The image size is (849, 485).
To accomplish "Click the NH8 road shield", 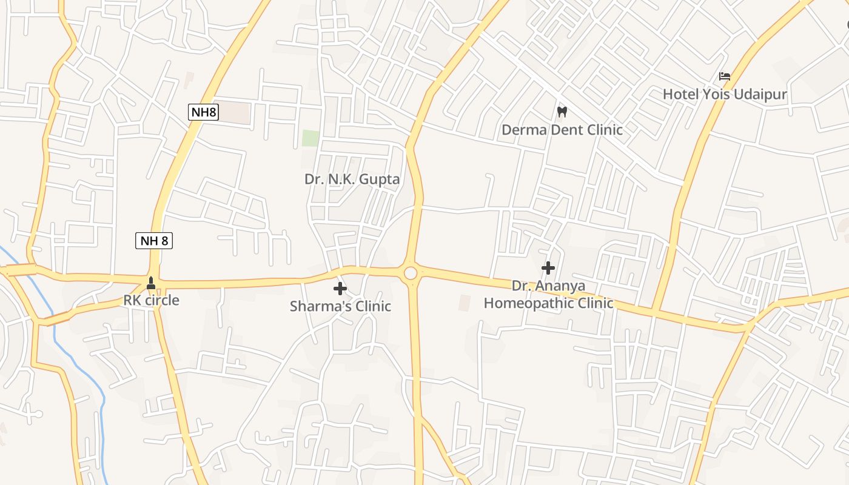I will tap(203, 112).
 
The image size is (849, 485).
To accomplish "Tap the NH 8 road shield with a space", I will tap(154, 241).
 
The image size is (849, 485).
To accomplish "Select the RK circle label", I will tap(151, 300).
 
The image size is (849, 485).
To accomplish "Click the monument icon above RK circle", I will tap(151, 283).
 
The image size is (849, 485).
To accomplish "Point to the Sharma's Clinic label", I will tap(340, 306).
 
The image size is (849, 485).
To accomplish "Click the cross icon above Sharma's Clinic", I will tap(340, 289).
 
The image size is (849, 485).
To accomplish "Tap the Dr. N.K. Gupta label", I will tap(352, 179).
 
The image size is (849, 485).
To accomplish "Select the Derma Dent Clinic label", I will tap(562, 130).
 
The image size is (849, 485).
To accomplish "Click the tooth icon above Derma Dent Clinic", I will tap(562, 112).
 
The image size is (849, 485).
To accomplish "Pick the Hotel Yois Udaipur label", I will tap(724, 95).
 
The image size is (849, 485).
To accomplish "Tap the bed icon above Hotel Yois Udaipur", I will tap(724, 76).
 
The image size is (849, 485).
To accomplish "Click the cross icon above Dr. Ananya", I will tap(548, 267).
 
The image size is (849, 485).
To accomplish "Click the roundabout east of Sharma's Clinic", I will tap(411, 273).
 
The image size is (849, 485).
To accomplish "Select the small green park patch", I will tap(310, 138).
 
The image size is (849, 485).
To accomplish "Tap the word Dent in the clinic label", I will tap(565, 130).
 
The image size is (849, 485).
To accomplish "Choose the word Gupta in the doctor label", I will tap(380, 179).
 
